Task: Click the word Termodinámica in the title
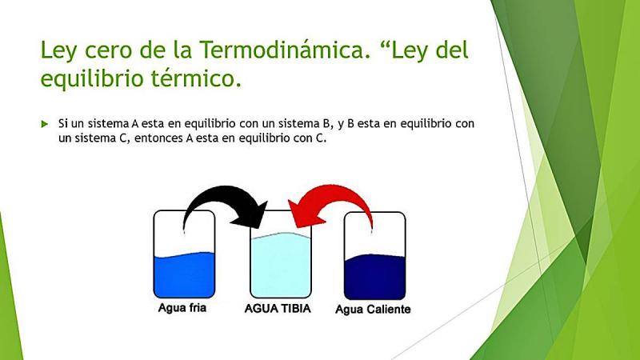285,50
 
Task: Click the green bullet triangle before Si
45,124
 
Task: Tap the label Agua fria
182,307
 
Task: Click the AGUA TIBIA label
278,308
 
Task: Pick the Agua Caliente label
373,309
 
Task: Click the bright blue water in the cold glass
184,275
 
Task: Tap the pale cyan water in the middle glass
281,266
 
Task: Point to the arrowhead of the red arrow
304,214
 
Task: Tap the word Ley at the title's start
58,51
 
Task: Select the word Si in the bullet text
63,123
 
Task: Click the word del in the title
452,50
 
